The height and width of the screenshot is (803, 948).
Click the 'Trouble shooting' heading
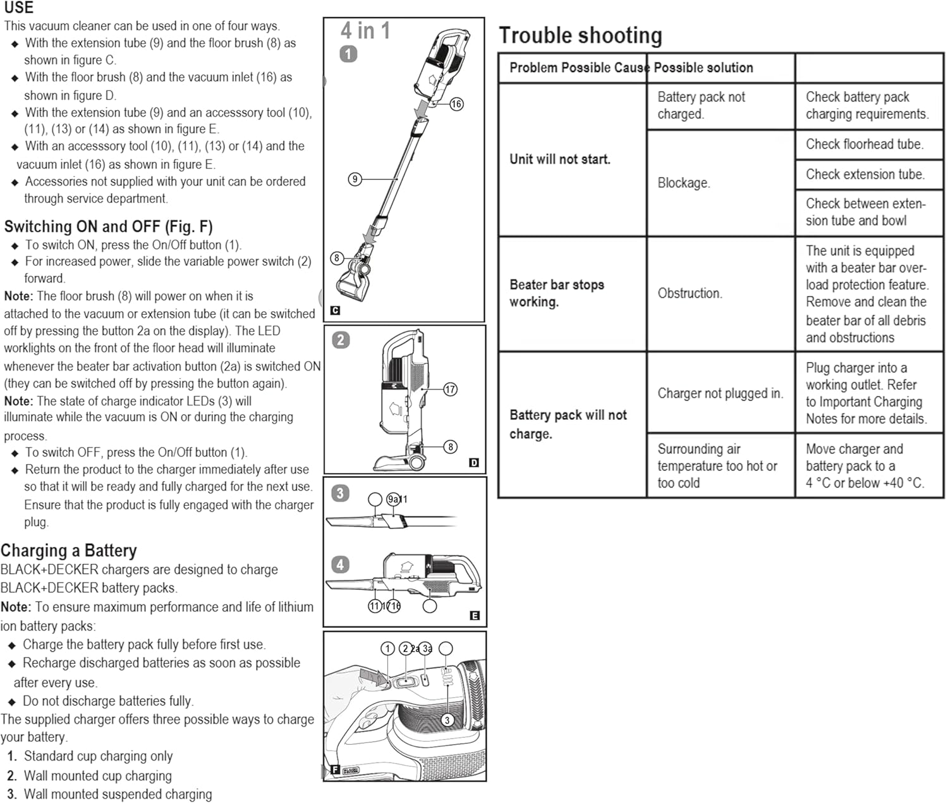pos(580,35)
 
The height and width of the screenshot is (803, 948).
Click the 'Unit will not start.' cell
pos(560,159)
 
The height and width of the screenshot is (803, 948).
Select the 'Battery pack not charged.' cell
pos(701,106)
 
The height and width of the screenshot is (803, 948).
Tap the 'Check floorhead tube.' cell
pos(864,144)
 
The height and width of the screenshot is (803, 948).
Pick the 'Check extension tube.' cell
pos(865,174)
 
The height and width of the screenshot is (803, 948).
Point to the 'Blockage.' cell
pos(684,183)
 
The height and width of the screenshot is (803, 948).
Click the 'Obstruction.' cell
pos(690,293)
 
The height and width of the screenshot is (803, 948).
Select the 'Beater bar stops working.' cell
pos(556,293)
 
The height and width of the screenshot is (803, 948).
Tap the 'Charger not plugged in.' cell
pos(720,393)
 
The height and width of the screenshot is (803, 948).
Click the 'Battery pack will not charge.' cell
pos(568,424)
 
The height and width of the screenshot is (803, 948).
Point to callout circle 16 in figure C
pos(456,104)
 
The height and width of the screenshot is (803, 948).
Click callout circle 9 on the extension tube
pos(355,179)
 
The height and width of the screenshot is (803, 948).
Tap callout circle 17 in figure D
pos(450,389)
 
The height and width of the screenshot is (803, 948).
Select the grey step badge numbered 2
pos(341,340)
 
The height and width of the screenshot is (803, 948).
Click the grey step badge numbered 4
pos(340,564)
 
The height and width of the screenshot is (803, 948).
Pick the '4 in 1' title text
pos(365,30)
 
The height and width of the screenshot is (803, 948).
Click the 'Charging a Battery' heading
pos(69,550)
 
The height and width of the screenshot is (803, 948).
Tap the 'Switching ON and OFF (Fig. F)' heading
pos(108,226)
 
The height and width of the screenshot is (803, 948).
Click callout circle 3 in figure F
pos(447,720)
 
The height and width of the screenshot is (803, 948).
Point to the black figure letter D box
pos(474,463)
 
